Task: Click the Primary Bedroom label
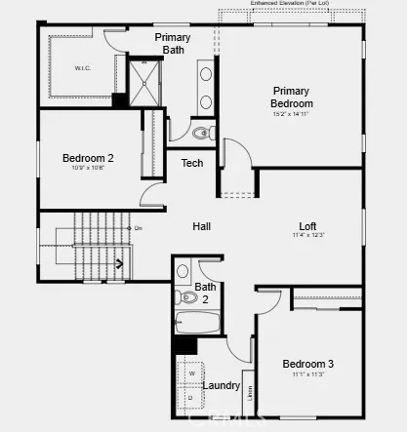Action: (292, 97)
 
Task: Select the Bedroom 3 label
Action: (308, 364)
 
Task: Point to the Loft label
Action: (307, 225)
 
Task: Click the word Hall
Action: (202, 226)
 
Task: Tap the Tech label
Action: (192, 163)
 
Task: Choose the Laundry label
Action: (222, 385)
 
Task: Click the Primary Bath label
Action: (173, 44)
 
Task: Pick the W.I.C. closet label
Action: (82, 68)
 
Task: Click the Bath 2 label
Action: (206, 293)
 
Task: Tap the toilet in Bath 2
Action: (186, 296)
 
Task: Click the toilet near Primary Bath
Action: (202, 132)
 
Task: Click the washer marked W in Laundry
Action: (191, 373)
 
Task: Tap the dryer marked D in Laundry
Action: (190, 397)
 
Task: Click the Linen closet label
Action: (250, 394)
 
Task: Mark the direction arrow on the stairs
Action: (120, 262)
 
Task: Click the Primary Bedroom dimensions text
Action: (292, 114)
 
